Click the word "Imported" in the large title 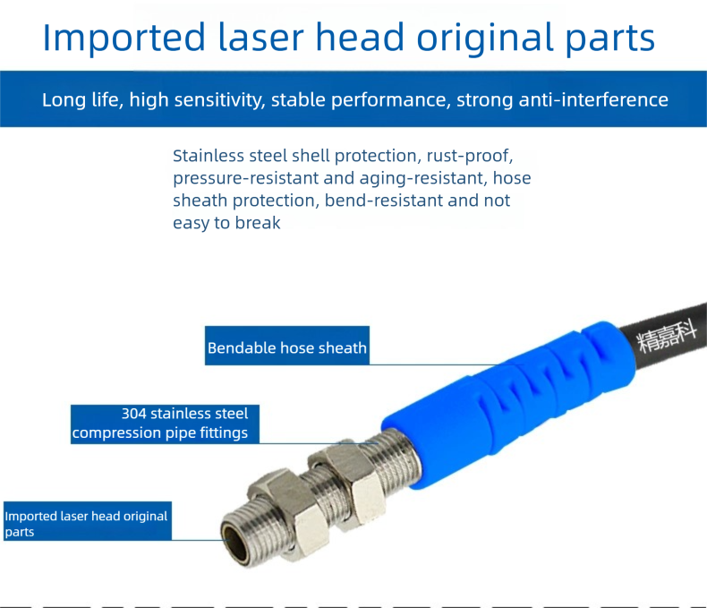pos(124,38)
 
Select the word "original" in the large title pos(485,39)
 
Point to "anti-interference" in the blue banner pos(593,99)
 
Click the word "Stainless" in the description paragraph pos(208,156)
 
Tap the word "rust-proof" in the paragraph pos(470,156)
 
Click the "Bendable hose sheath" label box pos(287,346)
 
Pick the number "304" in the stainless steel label pos(134,414)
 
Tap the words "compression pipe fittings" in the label pos(160,433)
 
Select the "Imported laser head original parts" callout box pos(88,521)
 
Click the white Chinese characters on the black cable pos(668,337)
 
